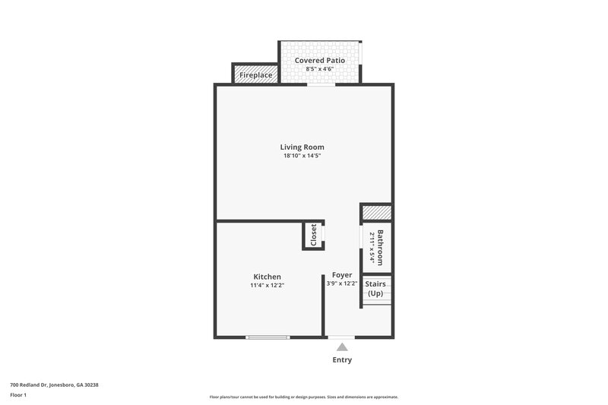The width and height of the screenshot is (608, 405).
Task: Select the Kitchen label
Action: (x=267, y=277)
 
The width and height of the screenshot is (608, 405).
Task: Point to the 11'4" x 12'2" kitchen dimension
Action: (x=267, y=286)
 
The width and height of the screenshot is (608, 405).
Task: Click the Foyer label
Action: (x=342, y=274)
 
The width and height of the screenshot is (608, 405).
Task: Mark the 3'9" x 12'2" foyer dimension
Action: (x=342, y=283)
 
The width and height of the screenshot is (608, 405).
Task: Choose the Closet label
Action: (x=313, y=235)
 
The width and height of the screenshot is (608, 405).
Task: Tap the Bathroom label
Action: (x=380, y=246)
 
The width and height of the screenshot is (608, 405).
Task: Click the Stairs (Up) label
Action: (x=376, y=289)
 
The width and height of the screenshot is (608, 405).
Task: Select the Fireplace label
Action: (x=256, y=75)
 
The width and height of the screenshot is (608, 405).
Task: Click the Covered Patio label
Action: (x=320, y=60)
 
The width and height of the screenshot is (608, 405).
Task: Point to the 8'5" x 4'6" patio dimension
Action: (x=320, y=69)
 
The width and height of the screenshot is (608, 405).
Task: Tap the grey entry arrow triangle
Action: (x=342, y=347)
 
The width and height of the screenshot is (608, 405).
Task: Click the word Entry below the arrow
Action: (x=342, y=360)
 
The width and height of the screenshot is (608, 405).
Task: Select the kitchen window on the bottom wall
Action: (x=268, y=337)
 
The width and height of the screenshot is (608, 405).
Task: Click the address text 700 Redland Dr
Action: (x=54, y=384)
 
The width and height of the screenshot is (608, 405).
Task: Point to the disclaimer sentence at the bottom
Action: (x=304, y=397)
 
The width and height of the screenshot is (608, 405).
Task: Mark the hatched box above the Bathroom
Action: (x=375, y=213)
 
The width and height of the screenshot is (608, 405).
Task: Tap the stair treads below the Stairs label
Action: (x=376, y=302)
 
